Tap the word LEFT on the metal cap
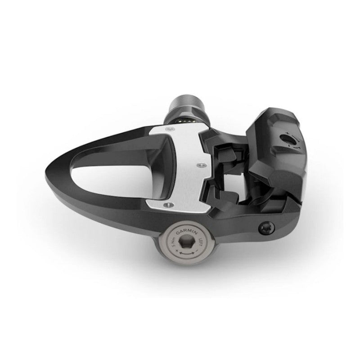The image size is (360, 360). click(x=197, y=243)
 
